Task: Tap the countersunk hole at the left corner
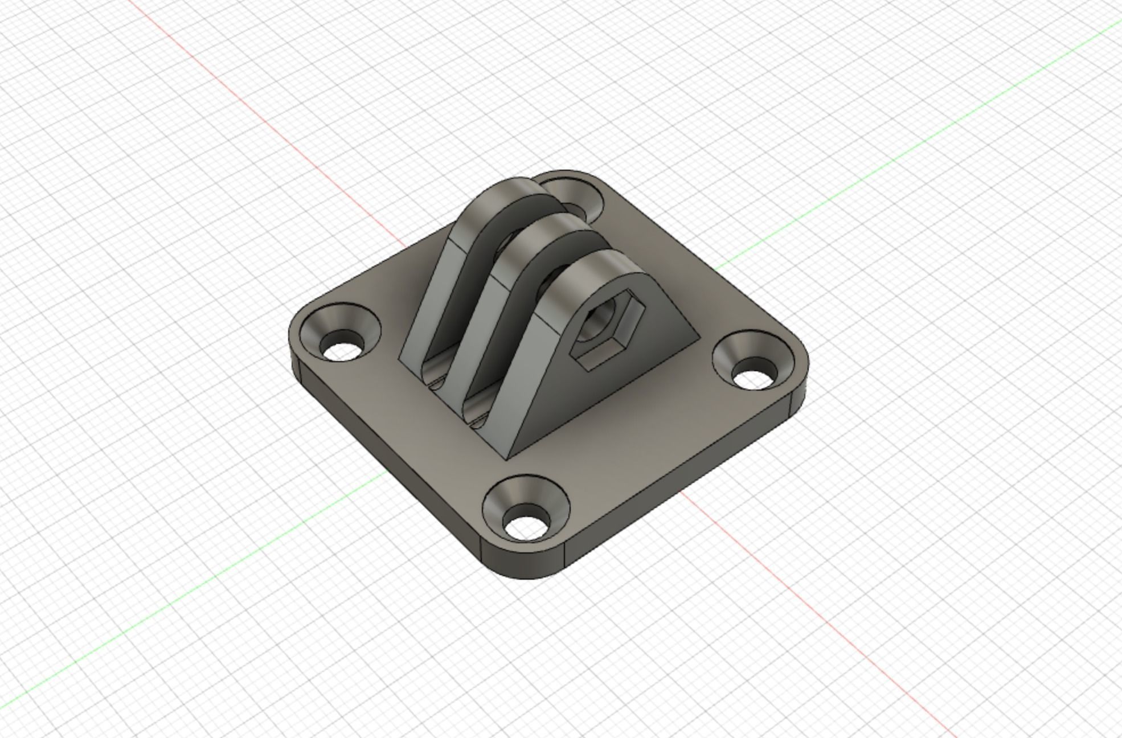tap(341, 337)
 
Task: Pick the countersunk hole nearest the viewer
tap(526, 509)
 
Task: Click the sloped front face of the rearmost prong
tap(427, 296)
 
